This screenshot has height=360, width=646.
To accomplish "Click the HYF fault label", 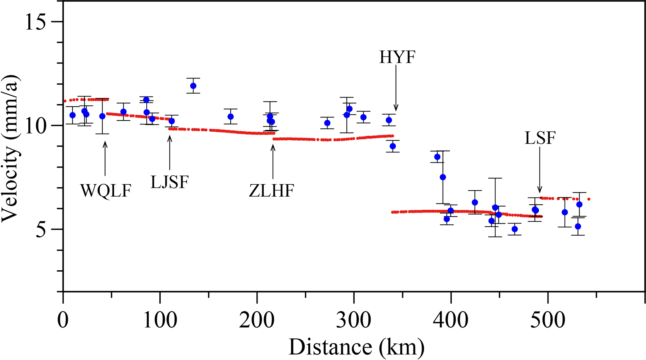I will pos(397,57).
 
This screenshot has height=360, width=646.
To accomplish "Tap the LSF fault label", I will pos(540,138).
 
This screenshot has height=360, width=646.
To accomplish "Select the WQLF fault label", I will pos(106,191).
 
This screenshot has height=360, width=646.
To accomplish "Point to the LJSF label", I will pos(170,182).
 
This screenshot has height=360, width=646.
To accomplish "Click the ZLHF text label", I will pos(272,191).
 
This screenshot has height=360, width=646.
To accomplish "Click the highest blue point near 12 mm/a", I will pos(193,86).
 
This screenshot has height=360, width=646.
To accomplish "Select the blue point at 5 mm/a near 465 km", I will pos(514,229).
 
